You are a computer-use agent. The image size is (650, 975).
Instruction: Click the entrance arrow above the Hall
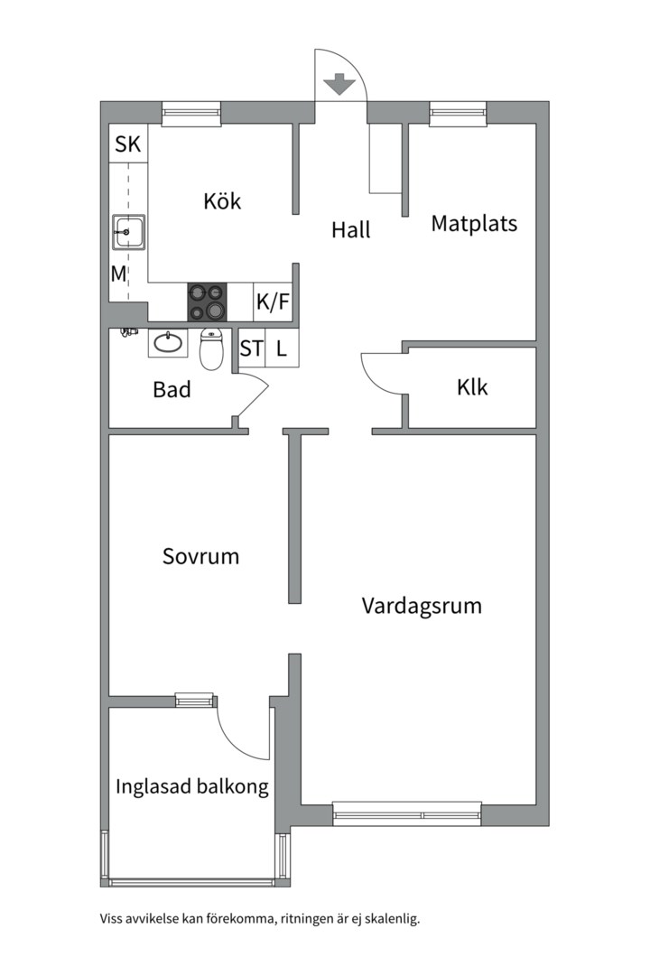(339, 84)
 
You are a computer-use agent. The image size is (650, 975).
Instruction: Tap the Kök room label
(222, 200)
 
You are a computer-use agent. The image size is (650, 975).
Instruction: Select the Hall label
(350, 230)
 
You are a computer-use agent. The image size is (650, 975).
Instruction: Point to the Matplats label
(474, 223)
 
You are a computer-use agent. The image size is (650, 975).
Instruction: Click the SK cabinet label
(128, 144)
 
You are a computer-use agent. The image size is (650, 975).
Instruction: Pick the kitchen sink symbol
(129, 232)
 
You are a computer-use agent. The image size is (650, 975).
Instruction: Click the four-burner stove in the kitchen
(207, 302)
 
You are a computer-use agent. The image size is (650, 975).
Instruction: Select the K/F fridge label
(274, 302)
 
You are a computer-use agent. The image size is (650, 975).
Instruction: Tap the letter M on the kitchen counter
(118, 274)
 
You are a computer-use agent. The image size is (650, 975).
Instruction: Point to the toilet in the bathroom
(211, 350)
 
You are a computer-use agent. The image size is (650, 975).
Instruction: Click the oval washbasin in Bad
(165, 343)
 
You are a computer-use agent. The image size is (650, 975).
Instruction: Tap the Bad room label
(172, 390)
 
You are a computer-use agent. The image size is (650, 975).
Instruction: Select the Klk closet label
(472, 387)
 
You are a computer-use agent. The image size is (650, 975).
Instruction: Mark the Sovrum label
(200, 556)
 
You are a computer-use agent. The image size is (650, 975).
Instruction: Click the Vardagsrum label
(422, 605)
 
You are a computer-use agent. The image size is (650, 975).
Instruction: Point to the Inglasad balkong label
(192, 786)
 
